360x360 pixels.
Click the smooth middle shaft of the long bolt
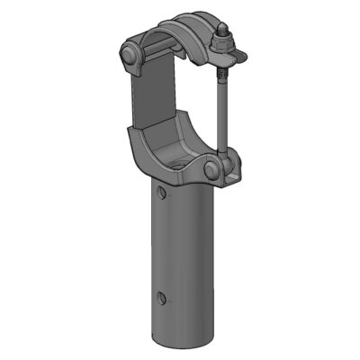pos(220,112)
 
